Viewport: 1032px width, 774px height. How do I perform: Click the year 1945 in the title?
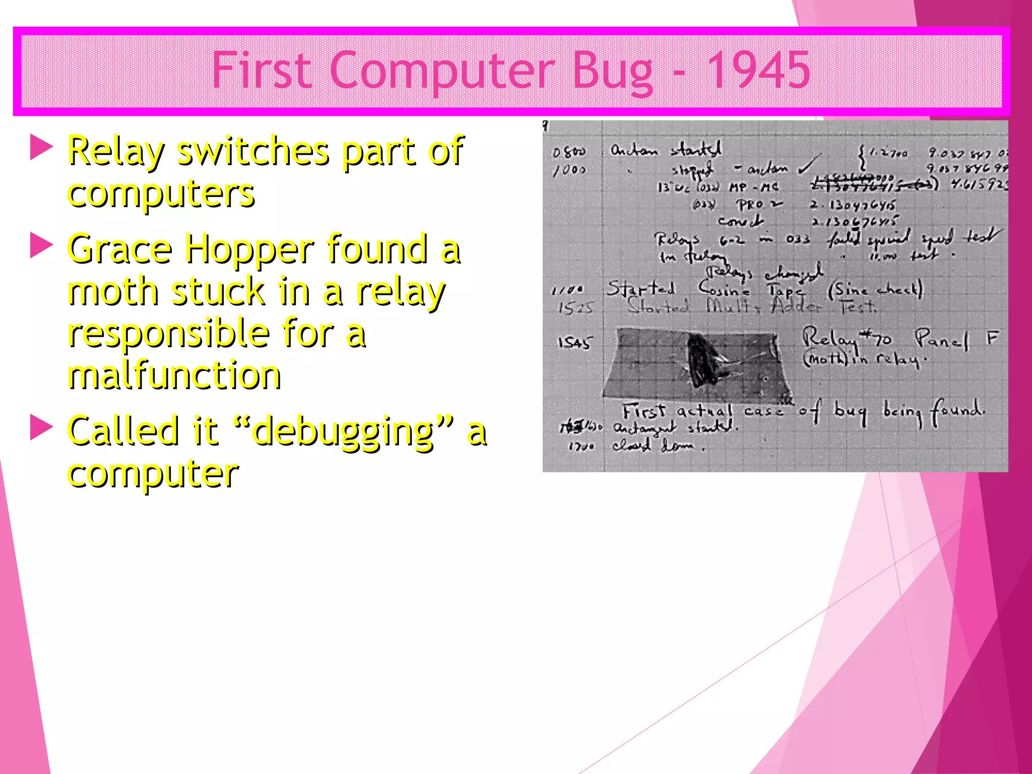(758, 71)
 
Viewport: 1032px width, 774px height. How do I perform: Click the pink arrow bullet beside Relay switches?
(41, 147)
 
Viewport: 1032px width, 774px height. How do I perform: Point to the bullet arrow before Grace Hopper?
(41, 245)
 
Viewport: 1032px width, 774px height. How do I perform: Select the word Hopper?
(249, 250)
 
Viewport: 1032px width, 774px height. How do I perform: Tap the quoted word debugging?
(343, 432)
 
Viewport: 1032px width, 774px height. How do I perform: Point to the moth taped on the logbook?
(703, 360)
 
